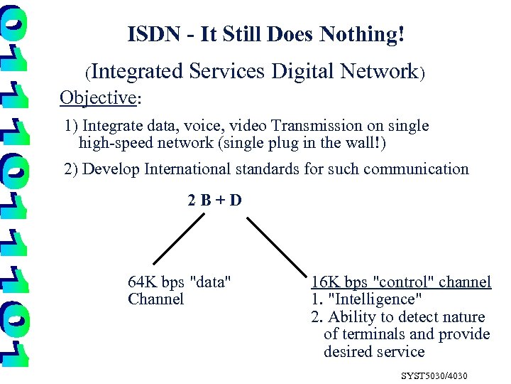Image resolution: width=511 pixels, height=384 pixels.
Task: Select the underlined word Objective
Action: (97, 97)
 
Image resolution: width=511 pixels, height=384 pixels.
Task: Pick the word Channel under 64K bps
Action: (155, 299)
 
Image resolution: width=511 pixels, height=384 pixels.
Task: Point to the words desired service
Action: (374, 351)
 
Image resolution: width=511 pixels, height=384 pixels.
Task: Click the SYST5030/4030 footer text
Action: (434, 374)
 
